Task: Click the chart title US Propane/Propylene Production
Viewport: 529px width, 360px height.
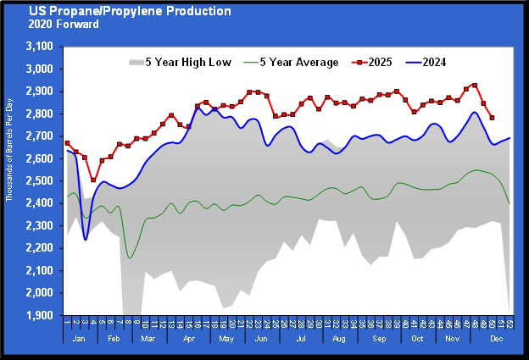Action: (129, 11)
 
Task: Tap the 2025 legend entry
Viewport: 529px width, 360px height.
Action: (381, 62)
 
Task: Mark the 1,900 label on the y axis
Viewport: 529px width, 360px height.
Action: (40, 316)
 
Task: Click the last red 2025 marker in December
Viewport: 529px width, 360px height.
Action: (493, 118)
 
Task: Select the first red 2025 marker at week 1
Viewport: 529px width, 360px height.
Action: (67, 143)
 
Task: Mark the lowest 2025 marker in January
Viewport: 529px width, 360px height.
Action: (93, 180)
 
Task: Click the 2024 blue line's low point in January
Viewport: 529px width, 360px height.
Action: (86, 240)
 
